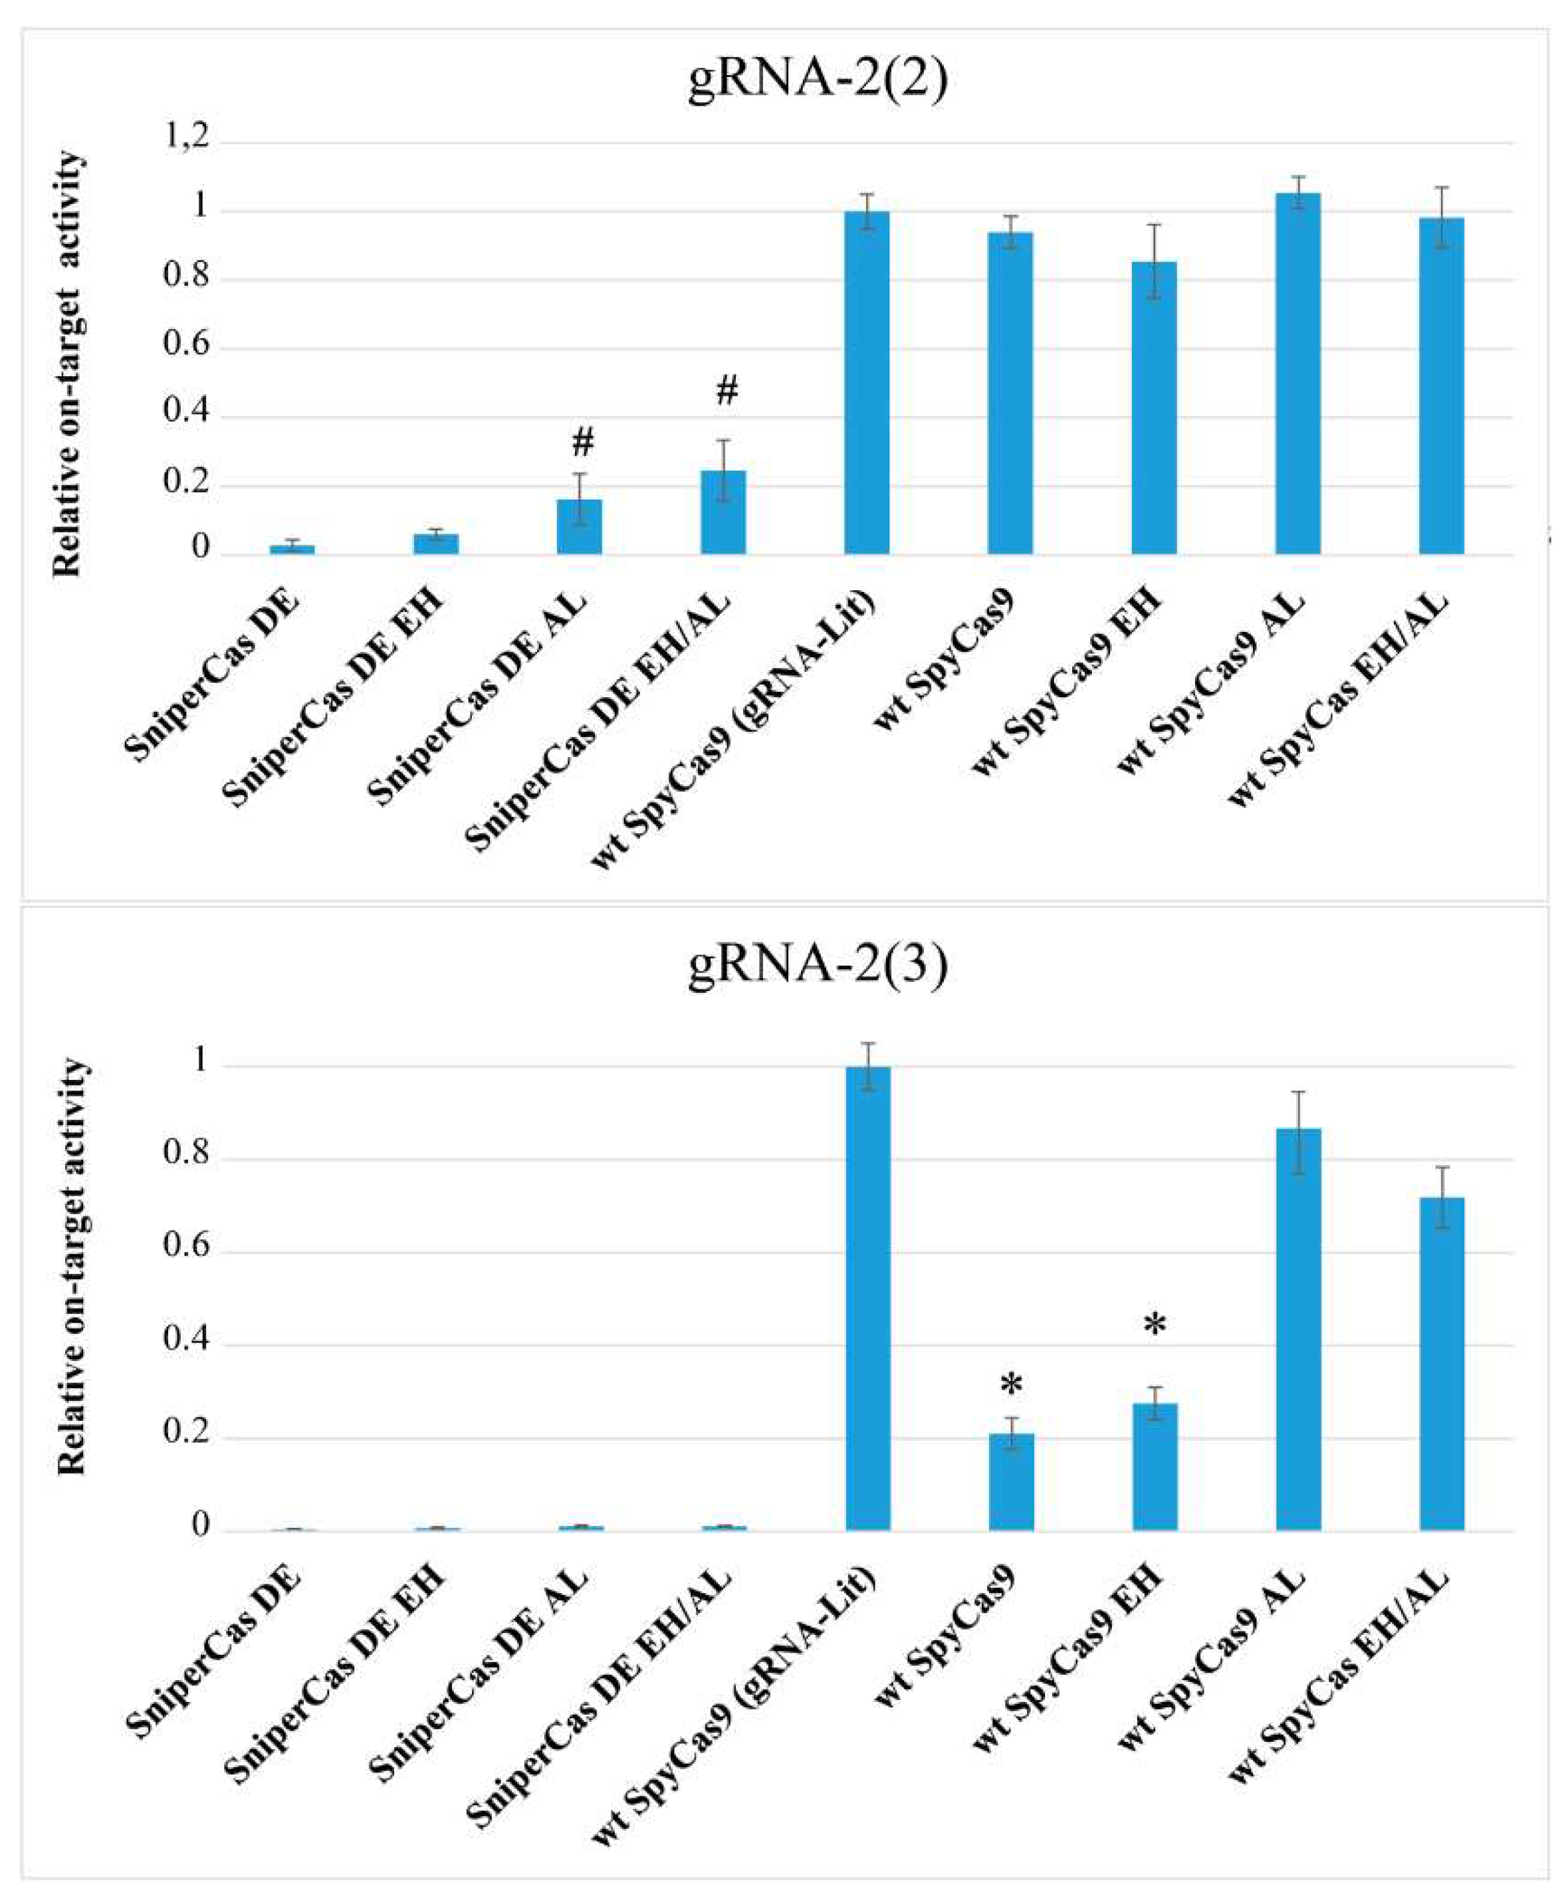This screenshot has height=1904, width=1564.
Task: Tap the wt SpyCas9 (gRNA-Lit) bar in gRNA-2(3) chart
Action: [867, 1298]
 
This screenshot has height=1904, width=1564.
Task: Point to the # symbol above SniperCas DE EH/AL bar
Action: [726, 391]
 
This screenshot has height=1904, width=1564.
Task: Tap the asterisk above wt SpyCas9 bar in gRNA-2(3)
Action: [1012, 1385]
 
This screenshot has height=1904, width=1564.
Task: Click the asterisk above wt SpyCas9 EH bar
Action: [1155, 1325]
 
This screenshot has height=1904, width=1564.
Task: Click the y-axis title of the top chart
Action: [68, 365]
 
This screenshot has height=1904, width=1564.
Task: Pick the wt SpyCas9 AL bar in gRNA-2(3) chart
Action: [1298, 1328]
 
